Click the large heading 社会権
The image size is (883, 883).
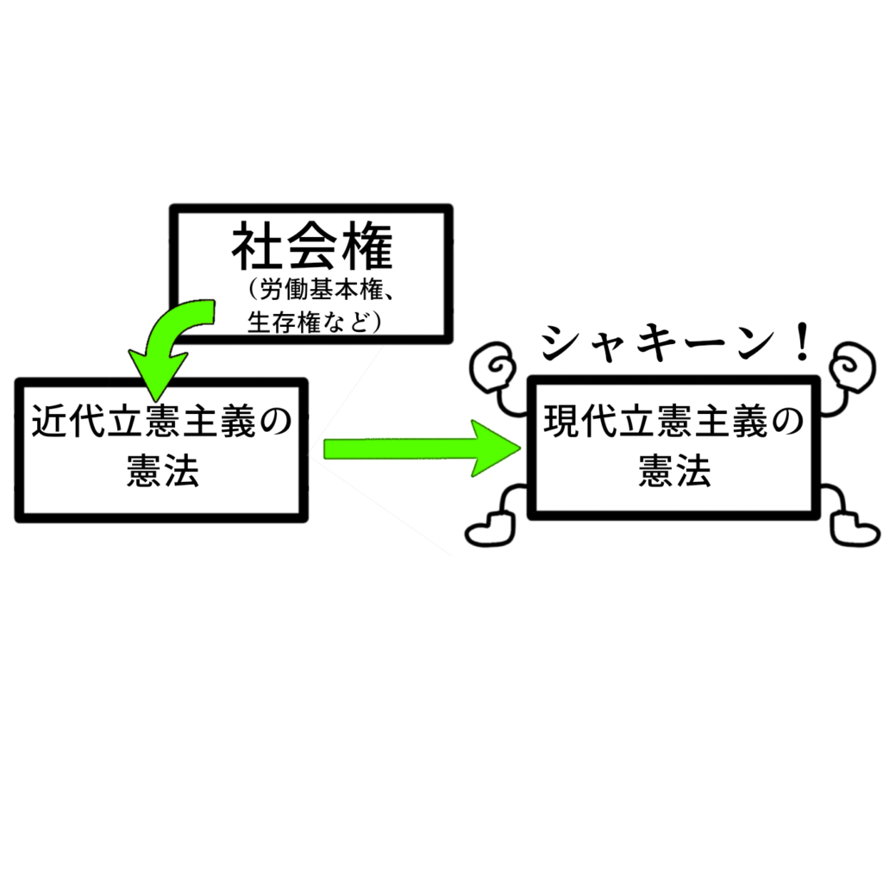point(312,247)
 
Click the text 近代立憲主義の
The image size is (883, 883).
point(162,421)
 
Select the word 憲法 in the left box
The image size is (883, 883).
point(162,471)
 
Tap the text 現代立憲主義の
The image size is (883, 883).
point(673,421)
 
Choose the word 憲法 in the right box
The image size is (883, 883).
point(674,471)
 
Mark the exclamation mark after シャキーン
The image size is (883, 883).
point(800,341)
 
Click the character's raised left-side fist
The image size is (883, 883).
point(492,366)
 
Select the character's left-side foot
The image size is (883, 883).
point(489,529)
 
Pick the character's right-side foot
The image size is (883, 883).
point(855,529)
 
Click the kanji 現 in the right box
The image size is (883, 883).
point(561,421)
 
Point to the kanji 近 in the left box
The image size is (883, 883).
point(49,421)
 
